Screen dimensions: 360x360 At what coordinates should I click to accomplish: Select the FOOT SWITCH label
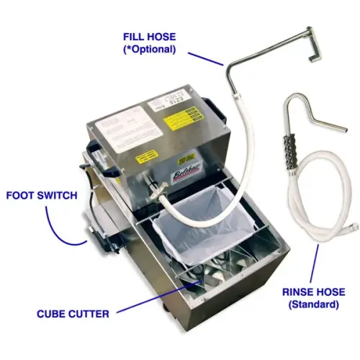coord(41,195)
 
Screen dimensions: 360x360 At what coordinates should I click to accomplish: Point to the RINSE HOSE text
coord(312,292)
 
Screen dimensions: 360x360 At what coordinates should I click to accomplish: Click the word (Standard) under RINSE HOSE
coord(312,305)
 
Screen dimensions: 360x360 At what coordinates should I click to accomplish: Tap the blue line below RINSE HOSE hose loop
coord(314,263)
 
